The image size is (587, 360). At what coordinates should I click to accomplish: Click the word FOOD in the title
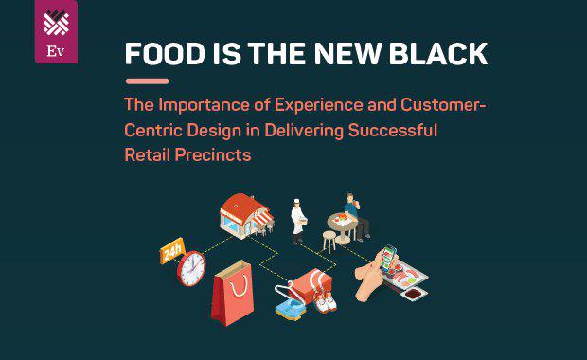[157, 54]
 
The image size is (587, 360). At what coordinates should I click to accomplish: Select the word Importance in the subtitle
[205, 105]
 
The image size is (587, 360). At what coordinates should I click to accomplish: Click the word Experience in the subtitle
[320, 105]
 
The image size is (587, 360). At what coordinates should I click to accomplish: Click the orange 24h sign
[172, 251]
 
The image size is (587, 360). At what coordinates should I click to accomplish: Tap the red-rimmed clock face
[191, 268]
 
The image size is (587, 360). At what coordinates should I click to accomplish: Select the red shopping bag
[233, 291]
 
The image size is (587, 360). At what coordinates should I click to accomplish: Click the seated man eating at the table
[355, 215]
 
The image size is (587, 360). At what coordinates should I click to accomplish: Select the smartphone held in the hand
[391, 264]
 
